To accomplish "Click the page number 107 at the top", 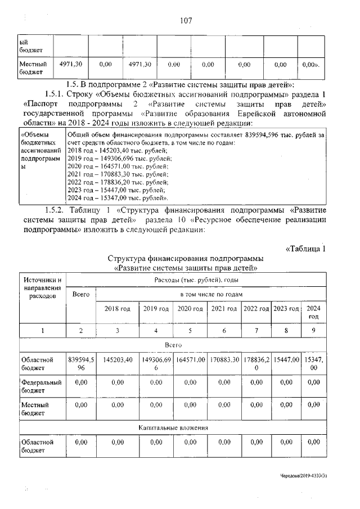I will click(186, 21).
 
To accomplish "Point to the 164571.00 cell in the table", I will click(191, 359).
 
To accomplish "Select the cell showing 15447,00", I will click(286, 359).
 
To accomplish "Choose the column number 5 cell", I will click(191, 331).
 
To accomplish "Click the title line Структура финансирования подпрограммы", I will click(185, 259).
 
